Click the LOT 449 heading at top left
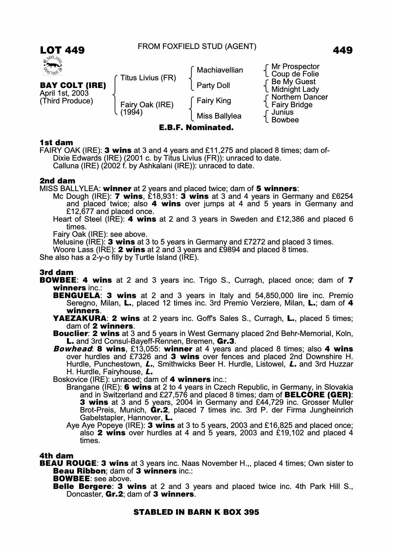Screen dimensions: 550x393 62,50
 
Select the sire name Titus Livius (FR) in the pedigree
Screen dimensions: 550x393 148,78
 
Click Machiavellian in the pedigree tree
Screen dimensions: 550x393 220,70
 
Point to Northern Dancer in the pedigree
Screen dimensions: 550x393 299,97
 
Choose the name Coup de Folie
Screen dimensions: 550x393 295,74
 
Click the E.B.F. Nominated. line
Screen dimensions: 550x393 196,128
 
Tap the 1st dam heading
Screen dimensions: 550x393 56,142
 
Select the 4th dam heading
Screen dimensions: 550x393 56,456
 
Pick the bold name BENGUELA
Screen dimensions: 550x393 76,296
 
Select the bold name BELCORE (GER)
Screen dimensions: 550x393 318,395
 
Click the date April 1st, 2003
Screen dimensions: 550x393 64,93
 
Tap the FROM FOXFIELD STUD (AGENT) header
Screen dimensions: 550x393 197,46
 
